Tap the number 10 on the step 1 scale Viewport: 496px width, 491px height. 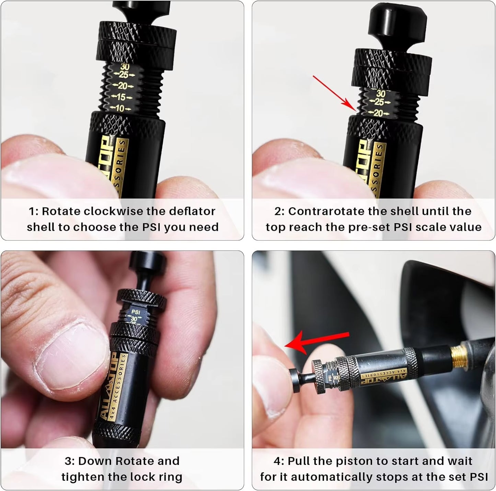[119, 108]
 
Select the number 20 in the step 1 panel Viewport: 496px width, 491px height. [122, 86]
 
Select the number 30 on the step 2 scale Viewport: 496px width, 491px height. [381, 93]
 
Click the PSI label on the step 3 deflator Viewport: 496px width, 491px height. [136, 312]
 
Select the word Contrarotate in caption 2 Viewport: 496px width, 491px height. [325, 211]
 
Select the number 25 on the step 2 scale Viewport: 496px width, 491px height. [379, 102]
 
